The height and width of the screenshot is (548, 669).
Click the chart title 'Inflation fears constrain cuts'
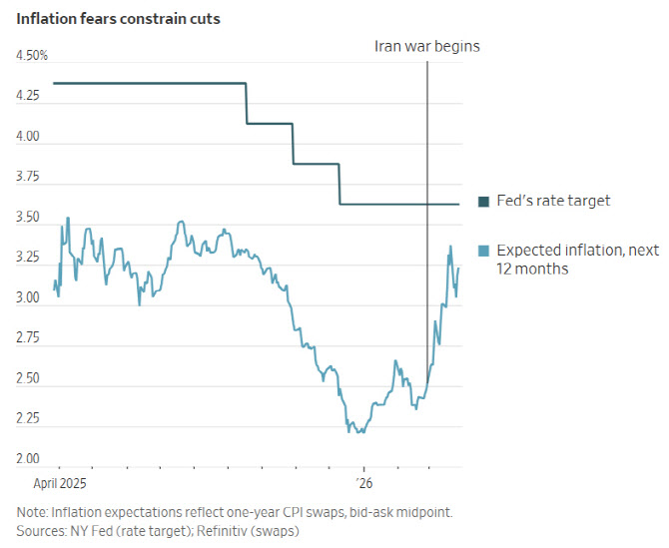tap(118, 19)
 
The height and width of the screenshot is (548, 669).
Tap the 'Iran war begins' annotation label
tap(427, 46)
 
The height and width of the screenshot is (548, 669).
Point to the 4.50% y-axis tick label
tap(32, 56)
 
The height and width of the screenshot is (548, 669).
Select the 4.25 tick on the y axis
tap(28, 96)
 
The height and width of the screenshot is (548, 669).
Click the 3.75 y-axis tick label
tap(28, 176)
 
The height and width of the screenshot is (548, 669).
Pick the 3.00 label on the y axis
tap(28, 297)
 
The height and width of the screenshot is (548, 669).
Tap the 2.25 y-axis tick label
tap(28, 418)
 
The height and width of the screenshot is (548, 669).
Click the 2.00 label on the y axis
tap(28, 458)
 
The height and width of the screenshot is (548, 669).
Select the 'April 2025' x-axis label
tap(60, 483)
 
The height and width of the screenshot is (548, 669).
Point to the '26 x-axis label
tap(364, 483)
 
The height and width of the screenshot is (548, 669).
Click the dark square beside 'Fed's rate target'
tap(484, 202)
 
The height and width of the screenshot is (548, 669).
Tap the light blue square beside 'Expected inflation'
tap(484, 251)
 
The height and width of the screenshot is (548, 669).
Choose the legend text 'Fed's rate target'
tap(553, 201)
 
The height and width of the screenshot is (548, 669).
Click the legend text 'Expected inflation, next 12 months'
tap(578, 260)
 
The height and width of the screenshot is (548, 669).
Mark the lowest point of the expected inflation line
tap(348, 431)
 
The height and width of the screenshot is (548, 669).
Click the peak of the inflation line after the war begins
tap(450, 247)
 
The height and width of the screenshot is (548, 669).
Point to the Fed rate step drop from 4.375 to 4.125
tap(247, 104)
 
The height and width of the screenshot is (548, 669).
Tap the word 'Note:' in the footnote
tap(32, 512)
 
